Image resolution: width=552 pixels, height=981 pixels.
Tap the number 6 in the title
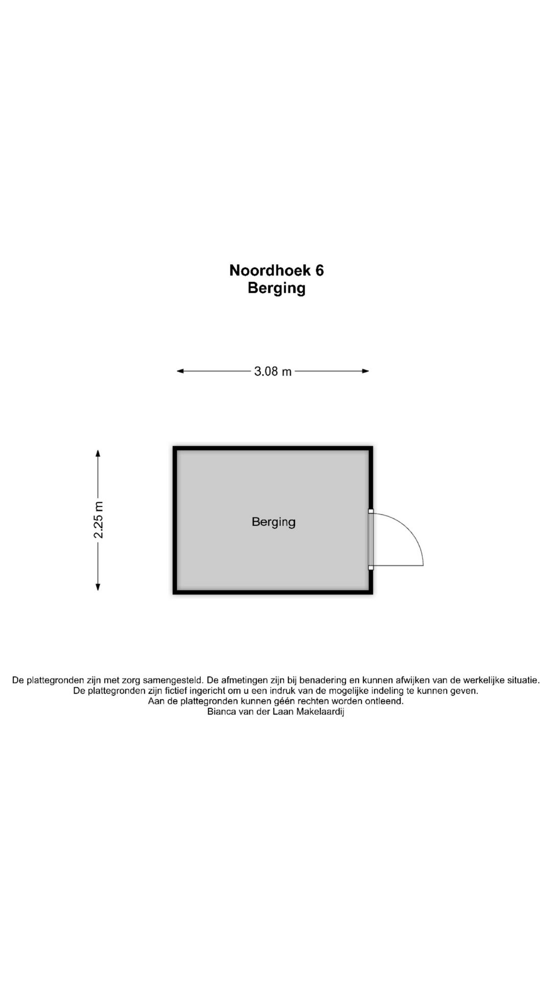point(319,270)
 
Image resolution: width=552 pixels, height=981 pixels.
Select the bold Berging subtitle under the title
point(277,288)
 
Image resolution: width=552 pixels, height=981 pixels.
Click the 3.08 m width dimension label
point(273,371)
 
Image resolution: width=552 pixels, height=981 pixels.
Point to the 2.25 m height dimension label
point(98,520)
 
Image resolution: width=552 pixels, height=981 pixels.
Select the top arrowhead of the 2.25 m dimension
point(98,453)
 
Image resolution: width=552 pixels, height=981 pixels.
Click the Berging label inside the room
point(273,522)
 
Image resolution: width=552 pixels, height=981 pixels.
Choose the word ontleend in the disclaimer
point(384,701)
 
